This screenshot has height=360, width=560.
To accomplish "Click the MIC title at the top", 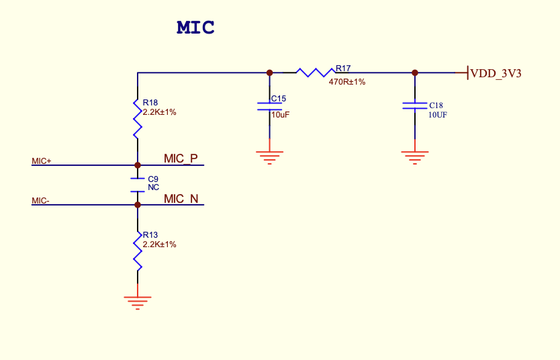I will (x=195, y=28).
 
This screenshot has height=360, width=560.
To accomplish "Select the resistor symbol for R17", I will (x=316, y=72).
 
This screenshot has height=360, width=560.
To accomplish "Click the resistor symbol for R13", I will (x=137, y=251).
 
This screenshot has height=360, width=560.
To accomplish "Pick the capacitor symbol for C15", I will (x=269, y=105).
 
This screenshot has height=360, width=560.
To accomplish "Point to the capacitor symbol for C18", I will (x=414, y=105).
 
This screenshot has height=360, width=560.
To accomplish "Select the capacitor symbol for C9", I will (x=137, y=185).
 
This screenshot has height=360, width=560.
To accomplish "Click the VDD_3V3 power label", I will (x=496, y=73).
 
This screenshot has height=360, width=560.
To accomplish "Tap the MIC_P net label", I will (x=181, y=159).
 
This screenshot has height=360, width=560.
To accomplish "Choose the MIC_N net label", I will (x=181, y=199).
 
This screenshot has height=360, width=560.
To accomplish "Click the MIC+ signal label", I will (x=42, y=161).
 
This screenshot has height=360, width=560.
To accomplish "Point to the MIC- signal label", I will (x=40, y=201).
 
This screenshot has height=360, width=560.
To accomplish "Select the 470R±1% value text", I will (x=347, y=82).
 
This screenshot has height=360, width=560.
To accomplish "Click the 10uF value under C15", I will (x=281, y=115).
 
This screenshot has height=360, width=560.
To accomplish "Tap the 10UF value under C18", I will (x=438, y=115).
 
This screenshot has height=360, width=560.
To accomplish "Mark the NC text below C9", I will (x=153, y=187).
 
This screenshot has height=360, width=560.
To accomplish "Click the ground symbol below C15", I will (x=269, y=158).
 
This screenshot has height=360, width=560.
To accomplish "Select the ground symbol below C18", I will (x=414, y=158).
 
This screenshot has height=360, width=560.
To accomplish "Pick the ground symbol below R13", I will (x=137, y=302).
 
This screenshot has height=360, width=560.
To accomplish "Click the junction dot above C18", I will (x=414, y=73).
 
